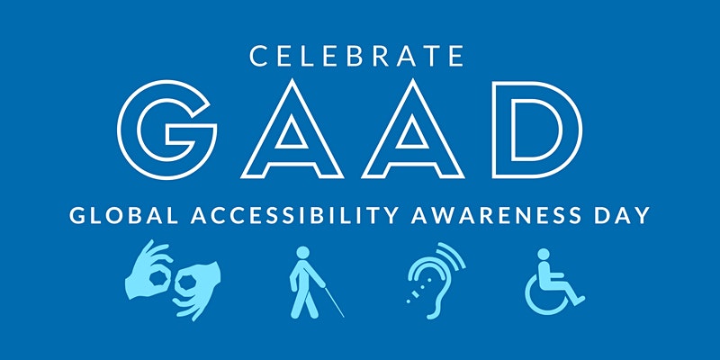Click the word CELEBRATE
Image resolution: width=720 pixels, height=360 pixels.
[356, 56]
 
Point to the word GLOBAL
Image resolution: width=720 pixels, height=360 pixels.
[124, 215]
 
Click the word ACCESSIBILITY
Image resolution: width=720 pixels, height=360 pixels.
[294, 215]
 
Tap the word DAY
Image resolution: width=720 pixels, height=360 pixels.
[622, 215]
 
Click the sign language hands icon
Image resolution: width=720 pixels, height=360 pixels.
[172, 280]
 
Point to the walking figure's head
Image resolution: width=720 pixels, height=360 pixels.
[303, 253]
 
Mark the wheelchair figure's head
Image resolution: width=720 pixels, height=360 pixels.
[544, 255]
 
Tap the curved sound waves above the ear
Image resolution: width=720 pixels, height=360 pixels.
[453, 256]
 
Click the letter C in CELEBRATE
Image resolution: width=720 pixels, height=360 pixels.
[258, 56]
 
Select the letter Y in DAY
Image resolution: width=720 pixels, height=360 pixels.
[641, 215]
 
